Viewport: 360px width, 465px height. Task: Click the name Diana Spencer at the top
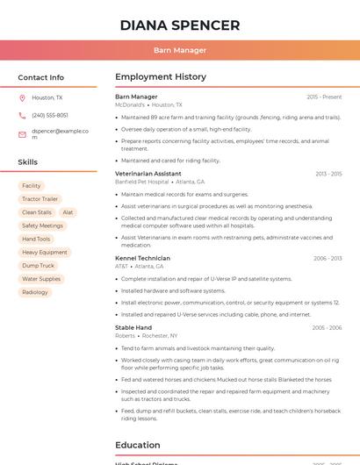tap(179, 25)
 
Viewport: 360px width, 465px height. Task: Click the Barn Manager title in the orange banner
tap(179, 50)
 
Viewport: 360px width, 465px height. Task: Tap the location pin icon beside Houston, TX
tap(22, 97)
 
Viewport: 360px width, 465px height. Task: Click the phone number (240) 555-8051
tap(50, 115)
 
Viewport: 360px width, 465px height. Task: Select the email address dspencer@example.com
tap(60, 134)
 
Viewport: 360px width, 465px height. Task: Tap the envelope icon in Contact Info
tap(22, 134)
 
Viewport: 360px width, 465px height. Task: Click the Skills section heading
tap(28, 162)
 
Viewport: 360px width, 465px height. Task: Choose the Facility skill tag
tap(32, 186)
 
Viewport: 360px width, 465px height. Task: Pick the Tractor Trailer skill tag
tap(40, 199)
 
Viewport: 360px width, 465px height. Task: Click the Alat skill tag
tap(68, 212)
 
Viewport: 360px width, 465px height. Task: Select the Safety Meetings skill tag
tap(42, 225)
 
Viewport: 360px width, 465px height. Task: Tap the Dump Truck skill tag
tap(38, 266)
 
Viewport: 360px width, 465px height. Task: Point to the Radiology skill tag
tap(35, 292)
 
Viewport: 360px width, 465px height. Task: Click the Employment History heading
tap(161, 77)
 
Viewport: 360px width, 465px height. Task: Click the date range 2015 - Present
tap(324, 97)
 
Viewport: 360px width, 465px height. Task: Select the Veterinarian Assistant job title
tap(148, 174)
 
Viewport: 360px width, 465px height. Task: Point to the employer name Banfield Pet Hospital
tap(141, 182)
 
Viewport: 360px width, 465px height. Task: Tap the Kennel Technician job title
tap(142, 258)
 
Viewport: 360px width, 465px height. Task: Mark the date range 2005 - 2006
tap(327, 327)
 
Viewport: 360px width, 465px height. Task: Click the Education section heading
tap(137, 445)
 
